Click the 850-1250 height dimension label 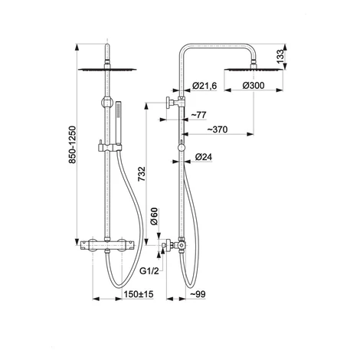(73, 145)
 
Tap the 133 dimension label (280, 57)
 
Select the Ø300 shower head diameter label (254, 86)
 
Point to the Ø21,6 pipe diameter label (205, 86)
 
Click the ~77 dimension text (198, 115)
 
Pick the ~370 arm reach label (217, 129)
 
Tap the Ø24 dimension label (204, 157)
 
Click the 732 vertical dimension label (142, 174)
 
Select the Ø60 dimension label (155, 217)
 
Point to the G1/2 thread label (149, 271)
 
